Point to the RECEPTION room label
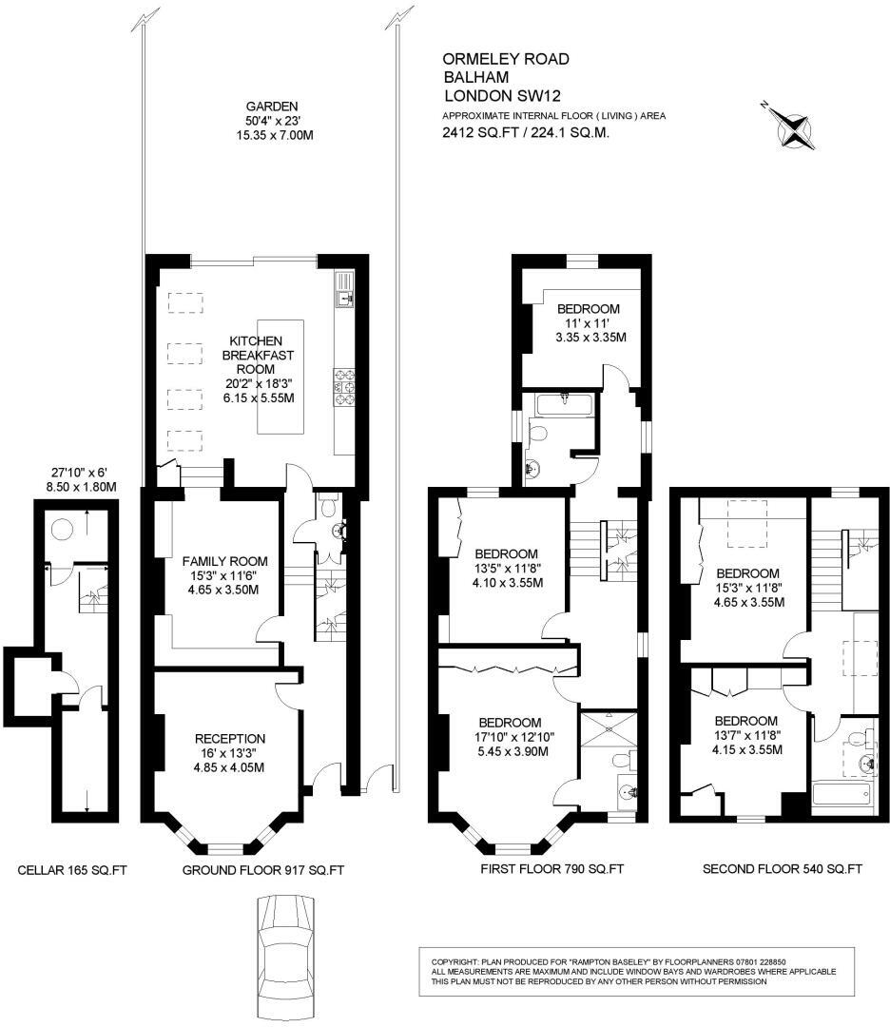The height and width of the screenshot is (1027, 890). pyautogui.click(x=229, y=752)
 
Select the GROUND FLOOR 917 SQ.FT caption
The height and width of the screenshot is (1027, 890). pyautogui.click(x=262, y=869)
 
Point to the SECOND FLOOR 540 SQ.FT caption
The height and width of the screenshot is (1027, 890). pyautogui.click(x=782, y=869)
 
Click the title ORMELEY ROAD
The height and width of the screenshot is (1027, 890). pyautogui.click(x=507, y=59)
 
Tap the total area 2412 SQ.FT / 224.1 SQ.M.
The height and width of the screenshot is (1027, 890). pyautogui.click(x=525, y=133)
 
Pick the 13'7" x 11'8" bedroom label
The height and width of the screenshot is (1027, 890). pyautogui.click(x=745, y=735)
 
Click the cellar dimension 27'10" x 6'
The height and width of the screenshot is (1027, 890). pyautogui.click(x=83, y=479)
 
